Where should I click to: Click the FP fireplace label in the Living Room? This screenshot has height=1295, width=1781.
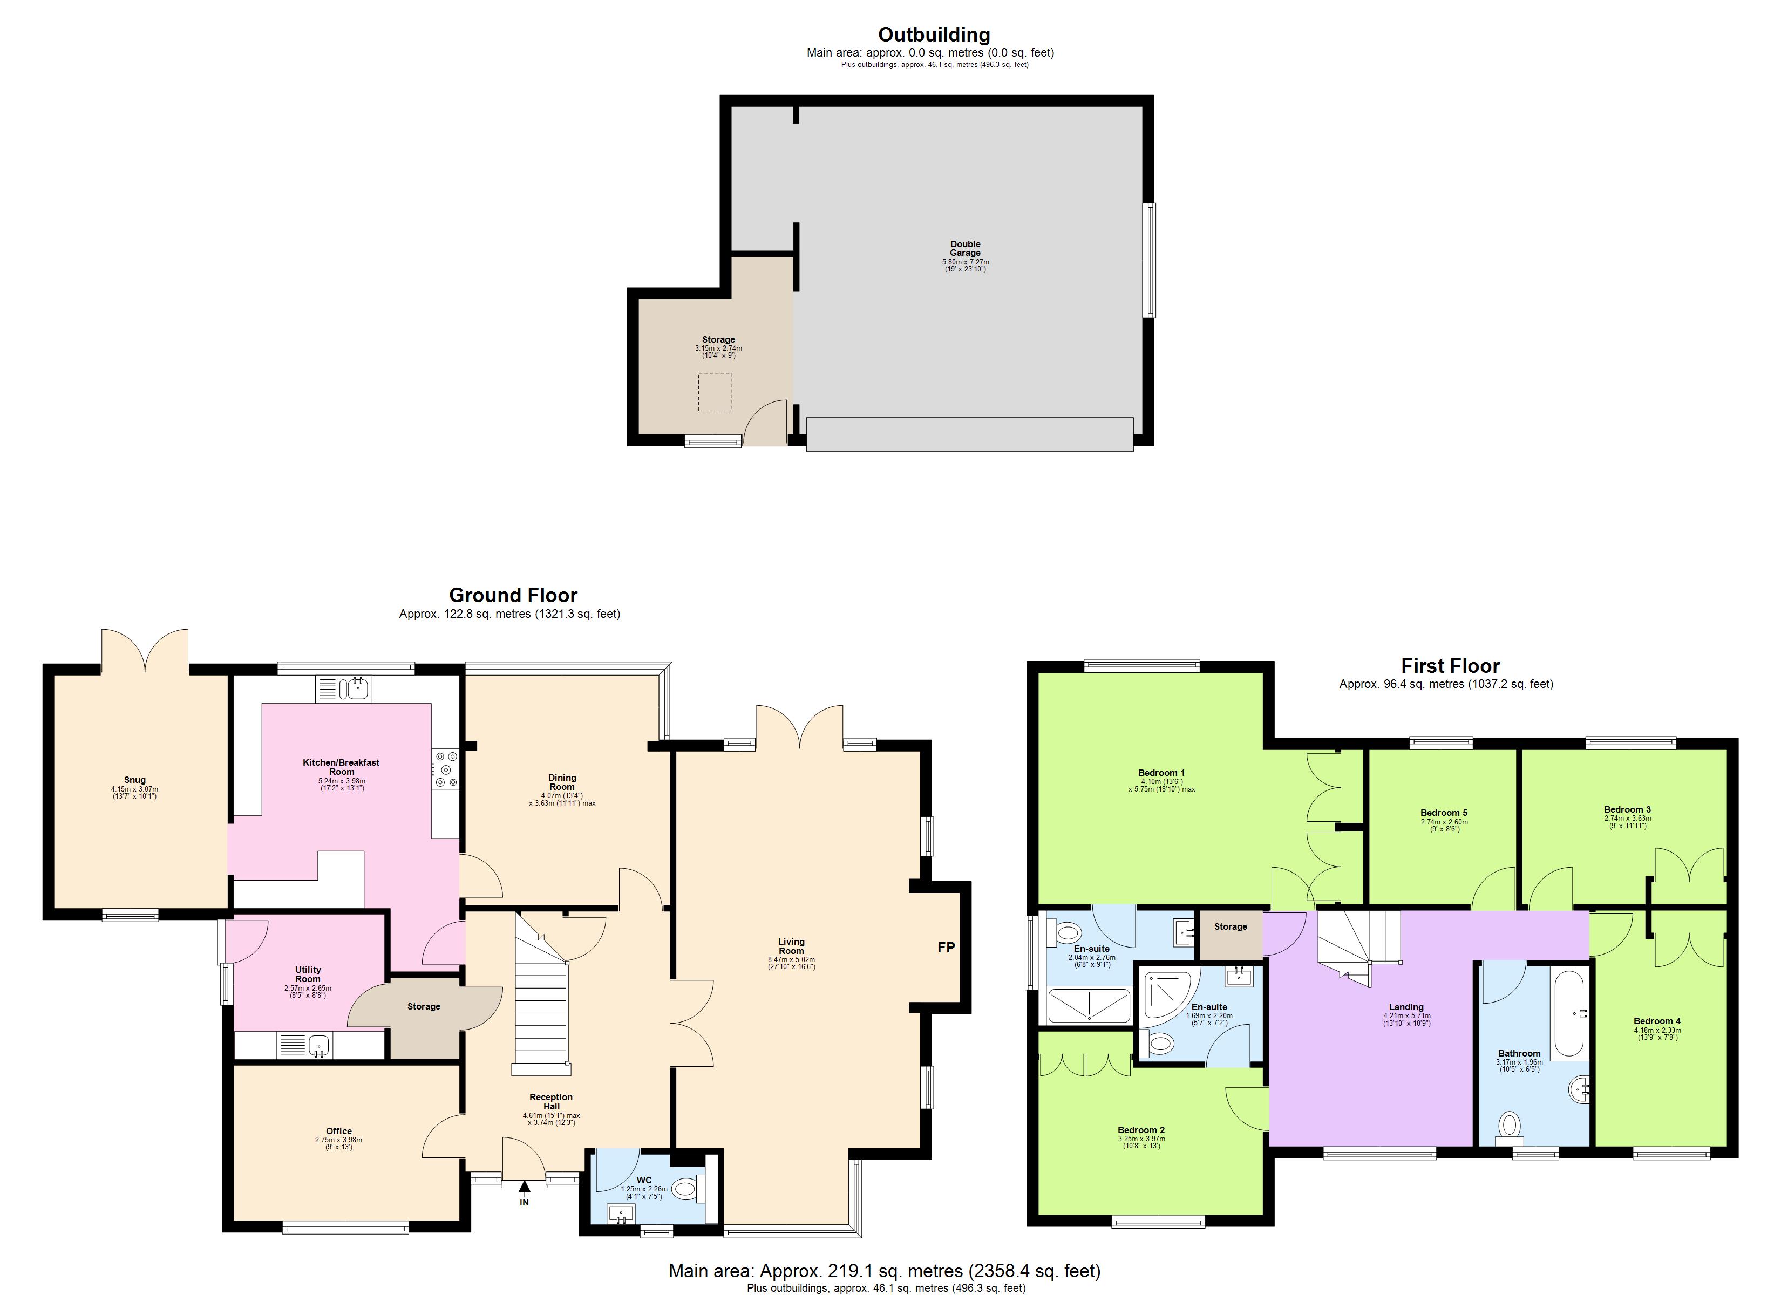[946, 948]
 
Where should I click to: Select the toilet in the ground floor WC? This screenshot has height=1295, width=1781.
[685, 1189]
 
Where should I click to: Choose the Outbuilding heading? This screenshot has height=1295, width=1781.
[934, 35]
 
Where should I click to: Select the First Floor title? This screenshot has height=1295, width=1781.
[1450, 666]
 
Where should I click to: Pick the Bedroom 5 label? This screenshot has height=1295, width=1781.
[1443, 813]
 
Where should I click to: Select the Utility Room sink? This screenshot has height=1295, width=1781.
[318, 1045]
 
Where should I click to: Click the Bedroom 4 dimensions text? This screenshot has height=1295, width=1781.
[1657, 1033]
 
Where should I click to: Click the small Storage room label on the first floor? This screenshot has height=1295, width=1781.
[1230, 926]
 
